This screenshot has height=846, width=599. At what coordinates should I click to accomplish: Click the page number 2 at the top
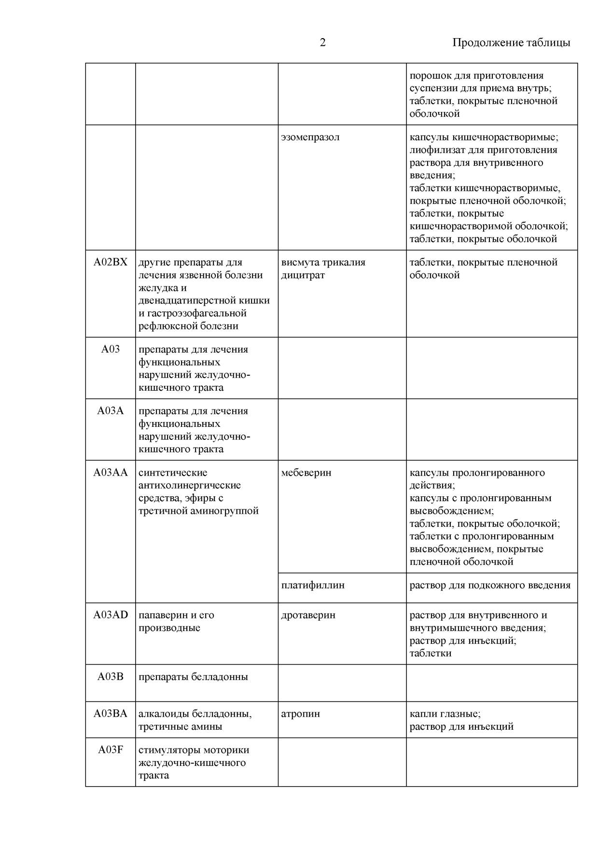[322, 43]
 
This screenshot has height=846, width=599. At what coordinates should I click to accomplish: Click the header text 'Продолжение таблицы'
[511, 43]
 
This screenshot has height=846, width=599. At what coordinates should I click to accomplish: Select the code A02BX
[111, 262]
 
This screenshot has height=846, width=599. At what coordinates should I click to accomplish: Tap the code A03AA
[111, 473]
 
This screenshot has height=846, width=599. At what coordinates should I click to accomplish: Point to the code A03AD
[111, 615]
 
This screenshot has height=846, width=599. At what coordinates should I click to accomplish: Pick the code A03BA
[111, 714]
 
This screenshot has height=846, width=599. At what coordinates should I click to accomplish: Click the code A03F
[111, 750]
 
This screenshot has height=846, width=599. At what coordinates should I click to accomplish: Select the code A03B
[111, 677]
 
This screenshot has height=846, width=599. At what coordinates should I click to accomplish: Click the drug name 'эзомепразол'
[310, 137]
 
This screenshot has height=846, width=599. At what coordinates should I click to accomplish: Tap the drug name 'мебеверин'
[306, 473]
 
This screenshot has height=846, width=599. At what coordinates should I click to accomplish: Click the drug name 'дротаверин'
[308, 615]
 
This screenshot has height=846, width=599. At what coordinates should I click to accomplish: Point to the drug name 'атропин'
[300, 714]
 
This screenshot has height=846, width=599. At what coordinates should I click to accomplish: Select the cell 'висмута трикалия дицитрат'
[323, 269]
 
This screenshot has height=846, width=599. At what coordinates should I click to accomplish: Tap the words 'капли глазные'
[444, 714]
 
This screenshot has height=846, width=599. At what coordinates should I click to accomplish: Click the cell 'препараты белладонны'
[193, 677]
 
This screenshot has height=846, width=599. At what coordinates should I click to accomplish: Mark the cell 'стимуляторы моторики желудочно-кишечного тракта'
[193, 763]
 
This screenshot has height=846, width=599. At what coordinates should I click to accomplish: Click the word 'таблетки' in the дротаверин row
[431, 654]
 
